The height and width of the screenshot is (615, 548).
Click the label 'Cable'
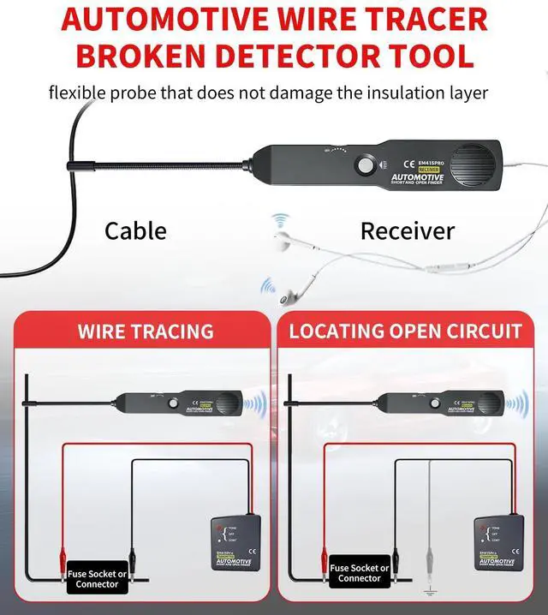tap(135, 230)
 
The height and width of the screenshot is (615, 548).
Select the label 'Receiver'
tap(408, 230)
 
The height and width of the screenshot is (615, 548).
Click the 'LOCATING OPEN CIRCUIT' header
tap(406, 331)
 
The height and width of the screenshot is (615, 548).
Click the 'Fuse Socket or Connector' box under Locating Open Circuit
tap(359, 573)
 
